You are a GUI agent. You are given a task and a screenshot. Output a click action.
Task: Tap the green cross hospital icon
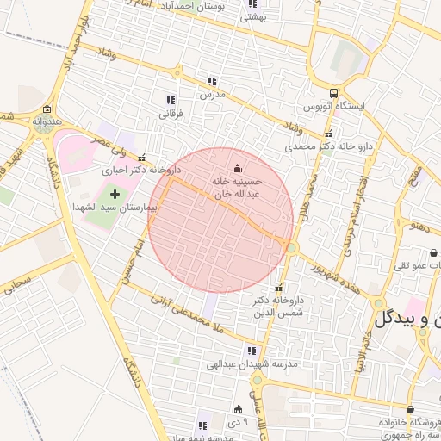tap(115, 195)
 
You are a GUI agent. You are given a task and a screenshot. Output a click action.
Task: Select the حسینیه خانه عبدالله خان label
tap(237, 189)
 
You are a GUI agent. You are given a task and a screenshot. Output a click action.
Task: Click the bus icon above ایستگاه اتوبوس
tap(332, 94)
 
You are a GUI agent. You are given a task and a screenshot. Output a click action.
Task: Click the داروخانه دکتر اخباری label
tap(134, 171)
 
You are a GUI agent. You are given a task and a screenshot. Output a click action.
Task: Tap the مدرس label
tap(212, 94)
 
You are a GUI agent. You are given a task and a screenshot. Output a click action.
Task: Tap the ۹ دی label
tap(239, 422)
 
